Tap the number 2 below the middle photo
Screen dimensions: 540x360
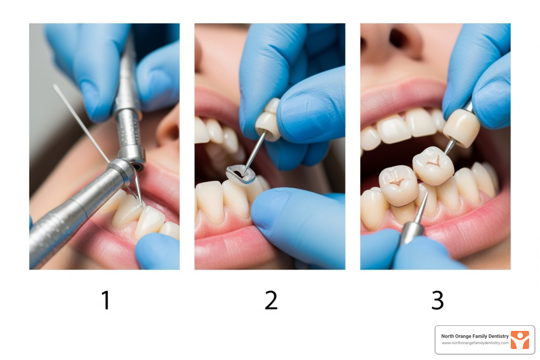[271, 300]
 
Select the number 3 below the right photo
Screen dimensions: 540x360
[437, 300]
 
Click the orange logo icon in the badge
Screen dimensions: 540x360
[520, 340]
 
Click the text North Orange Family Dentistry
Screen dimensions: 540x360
[475, 336]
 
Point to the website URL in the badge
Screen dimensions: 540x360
[475, 343]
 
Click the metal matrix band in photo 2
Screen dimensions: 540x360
[240, 174]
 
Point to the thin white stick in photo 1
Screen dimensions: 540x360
[81, 123]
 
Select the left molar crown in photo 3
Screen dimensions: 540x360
[398, 185]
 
